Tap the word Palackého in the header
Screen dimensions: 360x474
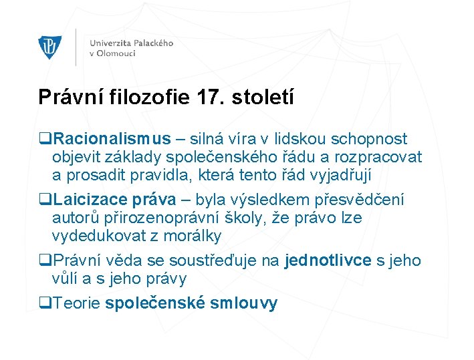pyautogui.click(x=151, y=43)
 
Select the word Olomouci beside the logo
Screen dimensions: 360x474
pyautogui.click(x=116, y=53)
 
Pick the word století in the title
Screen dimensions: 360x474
pyautogui.click(x=262, y=97)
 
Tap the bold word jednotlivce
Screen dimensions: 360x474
pyautogui.click(x=328, y=260)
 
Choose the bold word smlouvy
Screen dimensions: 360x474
pyautogui.click(x=243, y=303)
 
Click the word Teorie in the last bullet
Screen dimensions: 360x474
pyautogui.click(x=77, y=303)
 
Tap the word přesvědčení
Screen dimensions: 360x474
pyautogui.click(x=364, y=200)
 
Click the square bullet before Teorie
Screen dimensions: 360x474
pyautogui.click(x=45, y=303)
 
